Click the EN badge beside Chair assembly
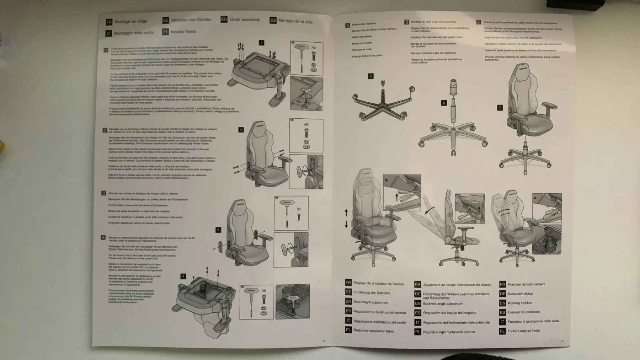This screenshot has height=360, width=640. pyautogui.click(x=224, y=20)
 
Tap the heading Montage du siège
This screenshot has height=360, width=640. pyautogui.click(x=130, y=21)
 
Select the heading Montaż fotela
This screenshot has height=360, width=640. pyautogui.click(x=183, y=32)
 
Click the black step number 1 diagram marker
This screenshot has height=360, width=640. pyautogui.click(x=261, y=43)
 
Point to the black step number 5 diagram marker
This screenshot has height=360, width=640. pyautogui.click(x=370, y=76)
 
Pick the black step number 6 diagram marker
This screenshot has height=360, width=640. pyautogui.click(x=443, y=103)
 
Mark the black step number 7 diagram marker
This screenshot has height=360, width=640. pyautogui.click(x=500, y=108)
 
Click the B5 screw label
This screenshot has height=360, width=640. pyautogui.click(x=299, y=209)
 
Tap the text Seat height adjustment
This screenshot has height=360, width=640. pyautogui.click(x=370, y=302)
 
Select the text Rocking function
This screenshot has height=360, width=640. pyautogui.click(x=520, y=303)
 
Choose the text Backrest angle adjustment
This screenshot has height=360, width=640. pyautogui.click(x=443, y=303)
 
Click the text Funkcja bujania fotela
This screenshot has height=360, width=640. pyautogui.click(x=524, y=331)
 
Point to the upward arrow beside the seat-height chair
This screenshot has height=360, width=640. pyautogui.click(x=346, y=213)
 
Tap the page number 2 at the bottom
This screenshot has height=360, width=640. pyautogui.click(x=324, y=341)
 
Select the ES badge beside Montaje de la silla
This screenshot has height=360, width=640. pyautogui.click(x=273, y=20)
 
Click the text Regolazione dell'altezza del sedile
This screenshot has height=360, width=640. pyautogui.click(x=379, y=322)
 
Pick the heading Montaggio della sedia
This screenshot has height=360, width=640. pyautogui.click(x=133, y=33)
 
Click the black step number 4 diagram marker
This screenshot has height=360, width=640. pyautogui.click(x=183, y=276)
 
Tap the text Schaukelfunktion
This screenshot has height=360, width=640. pyautogui.click(x=520, y=294)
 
